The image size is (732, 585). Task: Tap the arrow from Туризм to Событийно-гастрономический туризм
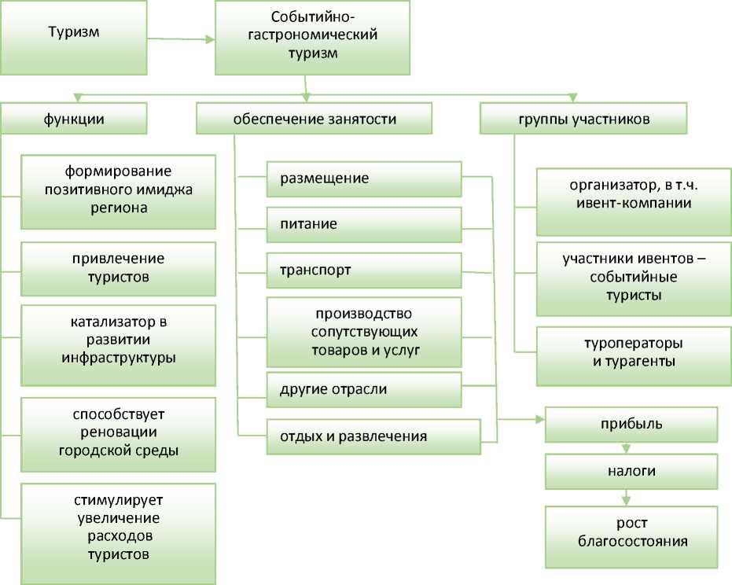[x=181, y=37]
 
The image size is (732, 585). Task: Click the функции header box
[x=74, y=120]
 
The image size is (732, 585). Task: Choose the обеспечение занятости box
[x=315, y=120]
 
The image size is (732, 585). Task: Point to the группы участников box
[x=583, y=120]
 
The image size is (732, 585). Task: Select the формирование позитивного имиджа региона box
[x=118, y=191]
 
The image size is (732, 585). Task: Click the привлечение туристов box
[x=118, y=268]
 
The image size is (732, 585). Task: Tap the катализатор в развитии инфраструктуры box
[x=118, y=344]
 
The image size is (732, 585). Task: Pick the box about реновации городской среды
[x=118, y=433]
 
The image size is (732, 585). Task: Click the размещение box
[x=363, y=179]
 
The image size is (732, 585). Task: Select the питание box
[x=363, y=225]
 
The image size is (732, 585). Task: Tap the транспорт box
[x=363, y=270]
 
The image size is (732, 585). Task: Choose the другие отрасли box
[x=363, y=390]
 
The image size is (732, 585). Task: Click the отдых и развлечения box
[x=373, y=436]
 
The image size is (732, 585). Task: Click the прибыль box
[x=631, y=425]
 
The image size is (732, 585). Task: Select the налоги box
[x=631, y=472]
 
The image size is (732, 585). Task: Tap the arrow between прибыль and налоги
[x=627, y=449]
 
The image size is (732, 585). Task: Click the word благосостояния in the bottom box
[x=632, y=542]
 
